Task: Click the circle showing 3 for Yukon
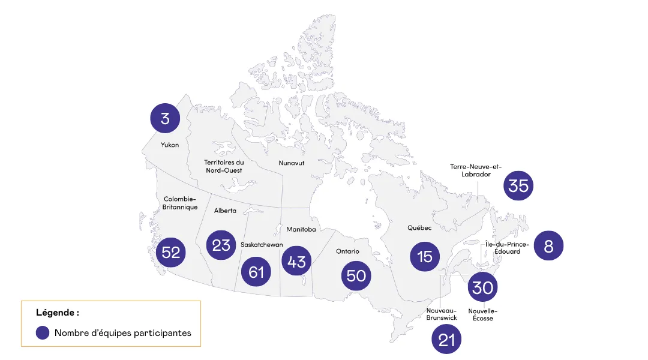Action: pos(165,118)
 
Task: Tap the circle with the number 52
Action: pos(171,252)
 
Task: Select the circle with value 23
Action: pos(221,245)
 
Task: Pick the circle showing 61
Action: pos(256,272)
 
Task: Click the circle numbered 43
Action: pos(296,261)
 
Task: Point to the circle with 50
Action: pos(356,275)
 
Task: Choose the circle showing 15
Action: pos(425,256)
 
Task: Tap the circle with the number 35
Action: pos(518,185)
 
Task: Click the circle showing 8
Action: pos(548,245)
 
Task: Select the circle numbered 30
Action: pos(482,287)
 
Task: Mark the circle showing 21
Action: pos(447,340)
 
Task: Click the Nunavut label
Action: pos(291,163)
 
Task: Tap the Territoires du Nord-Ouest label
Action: pos(224,166)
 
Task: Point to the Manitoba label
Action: pos(301,229)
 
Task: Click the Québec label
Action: pos(419,227)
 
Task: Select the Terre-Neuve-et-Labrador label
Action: pos(475,170)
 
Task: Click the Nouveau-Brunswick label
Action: pos(442,314)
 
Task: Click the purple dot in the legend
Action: pos(43,333)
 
